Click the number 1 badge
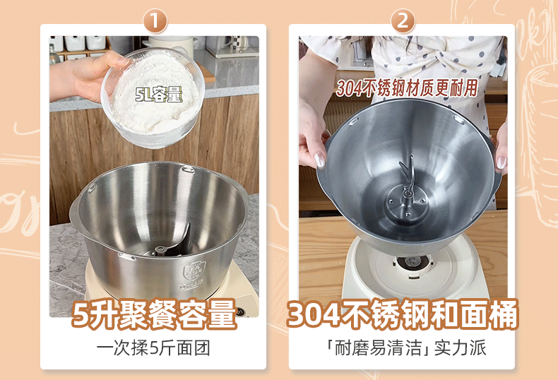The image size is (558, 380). tap(155, 20)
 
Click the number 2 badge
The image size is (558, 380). tap(403, 20)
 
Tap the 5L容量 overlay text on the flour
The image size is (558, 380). tap(159, 95)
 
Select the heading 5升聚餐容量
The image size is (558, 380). tap(154, 314)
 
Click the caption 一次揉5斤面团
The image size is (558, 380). tap(153, 348)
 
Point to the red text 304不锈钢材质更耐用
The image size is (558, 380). tap(407, 88)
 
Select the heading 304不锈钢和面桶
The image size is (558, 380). tap(403, 314)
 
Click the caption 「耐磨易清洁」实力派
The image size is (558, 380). tap(406, 348)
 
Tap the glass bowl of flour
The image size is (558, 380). tap(153, 98)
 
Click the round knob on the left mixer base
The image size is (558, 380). tap(245, 310)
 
